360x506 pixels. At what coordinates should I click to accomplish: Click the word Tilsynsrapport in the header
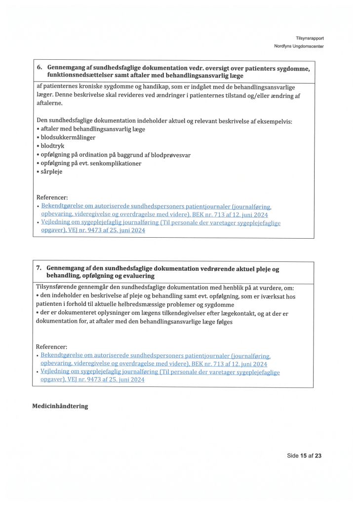click(310, 38)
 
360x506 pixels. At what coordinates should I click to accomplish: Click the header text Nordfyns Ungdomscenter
click(299, 46)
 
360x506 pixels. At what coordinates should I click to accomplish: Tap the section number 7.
click(39, 268)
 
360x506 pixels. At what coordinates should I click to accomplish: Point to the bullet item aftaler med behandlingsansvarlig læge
click(93, 129)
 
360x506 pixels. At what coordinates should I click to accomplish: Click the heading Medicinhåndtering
click(60, 406)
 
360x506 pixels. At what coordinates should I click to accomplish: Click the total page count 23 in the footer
click(318, 456)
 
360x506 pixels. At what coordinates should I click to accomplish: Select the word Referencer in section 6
click(52, 198)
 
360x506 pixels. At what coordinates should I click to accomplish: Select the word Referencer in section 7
click(52, 347)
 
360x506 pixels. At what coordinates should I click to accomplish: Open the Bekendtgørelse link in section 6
click(156, 210)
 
